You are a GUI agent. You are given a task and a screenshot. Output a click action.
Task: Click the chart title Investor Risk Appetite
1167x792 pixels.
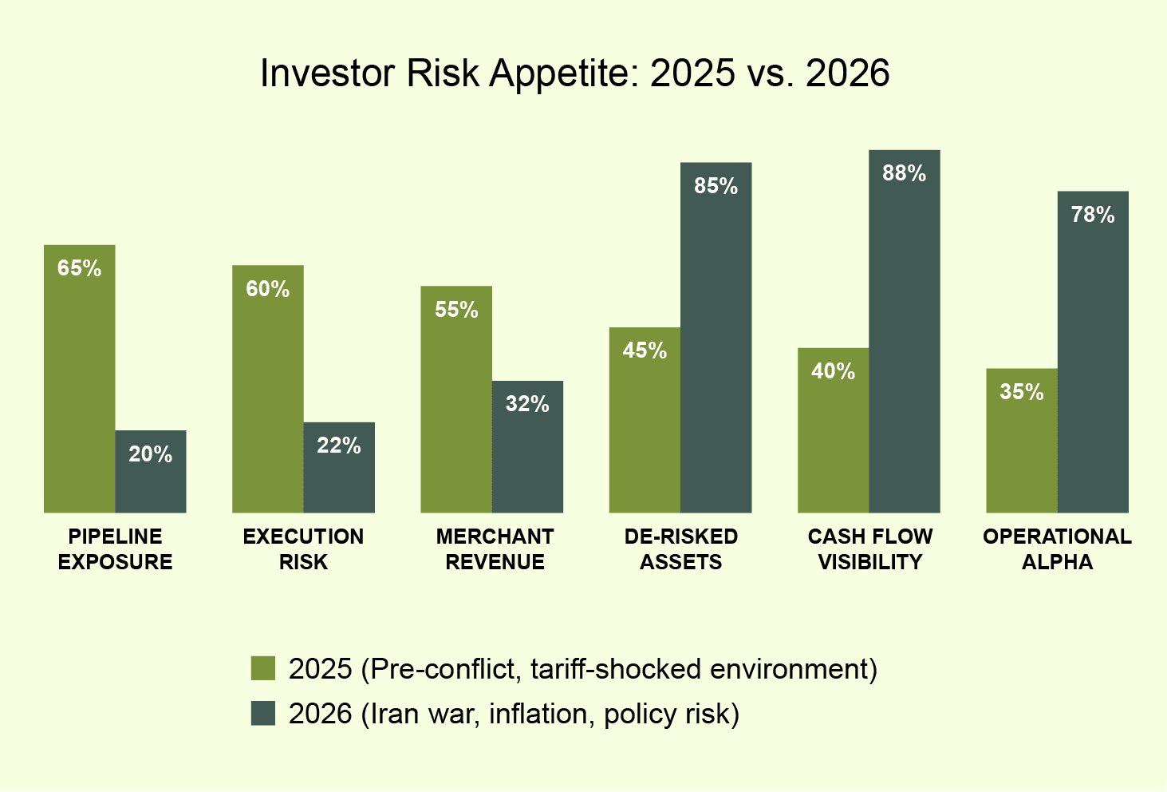coord(574,73)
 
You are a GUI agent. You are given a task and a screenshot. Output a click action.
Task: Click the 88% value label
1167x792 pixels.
coord(904,173)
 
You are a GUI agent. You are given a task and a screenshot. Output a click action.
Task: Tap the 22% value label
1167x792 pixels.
coord(339,445)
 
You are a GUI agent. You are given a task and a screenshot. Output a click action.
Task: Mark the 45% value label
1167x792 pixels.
coord(645,350)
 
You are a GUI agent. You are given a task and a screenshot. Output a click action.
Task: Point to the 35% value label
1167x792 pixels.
coord(1022,392)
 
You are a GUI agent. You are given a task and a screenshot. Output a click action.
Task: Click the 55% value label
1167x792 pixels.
coord(456,310)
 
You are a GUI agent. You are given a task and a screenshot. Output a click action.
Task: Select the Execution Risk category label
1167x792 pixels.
coord(303,549)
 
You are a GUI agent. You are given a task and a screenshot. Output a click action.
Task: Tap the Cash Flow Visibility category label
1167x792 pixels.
coord(869,549)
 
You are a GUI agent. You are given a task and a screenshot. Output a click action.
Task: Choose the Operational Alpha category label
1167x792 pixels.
coord(1057,549)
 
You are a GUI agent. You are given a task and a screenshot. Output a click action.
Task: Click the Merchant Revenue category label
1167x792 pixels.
coord(495,549)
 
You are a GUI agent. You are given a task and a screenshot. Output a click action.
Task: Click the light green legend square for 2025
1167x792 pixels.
coord(263,668)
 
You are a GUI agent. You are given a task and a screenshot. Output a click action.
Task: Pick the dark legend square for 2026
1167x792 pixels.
coord(263,713)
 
